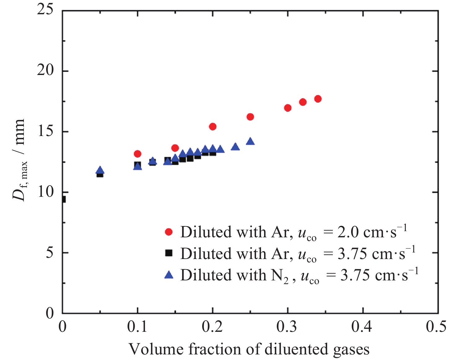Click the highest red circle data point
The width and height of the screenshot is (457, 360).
tap(318, 99)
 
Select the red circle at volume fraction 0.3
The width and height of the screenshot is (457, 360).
tap(288, 108)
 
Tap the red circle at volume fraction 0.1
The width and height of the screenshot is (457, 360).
tap(137, 154)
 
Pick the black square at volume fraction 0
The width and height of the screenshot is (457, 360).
tap(63, 199)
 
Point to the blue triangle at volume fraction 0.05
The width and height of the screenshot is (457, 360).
tap(100, 170)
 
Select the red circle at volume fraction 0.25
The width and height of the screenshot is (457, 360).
tap(250, 117)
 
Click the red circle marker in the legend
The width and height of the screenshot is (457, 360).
tap(169, 232)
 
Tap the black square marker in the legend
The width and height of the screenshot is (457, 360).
tap(169, 253)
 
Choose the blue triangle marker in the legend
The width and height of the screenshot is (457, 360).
tap(169, 274)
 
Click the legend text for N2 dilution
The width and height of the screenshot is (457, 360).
tap(299, 275)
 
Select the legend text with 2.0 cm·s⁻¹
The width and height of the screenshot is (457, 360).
tap(294, 232)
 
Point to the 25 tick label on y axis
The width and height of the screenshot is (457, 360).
tap(45, 10)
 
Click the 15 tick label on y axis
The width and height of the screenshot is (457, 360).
tap(45, 131)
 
